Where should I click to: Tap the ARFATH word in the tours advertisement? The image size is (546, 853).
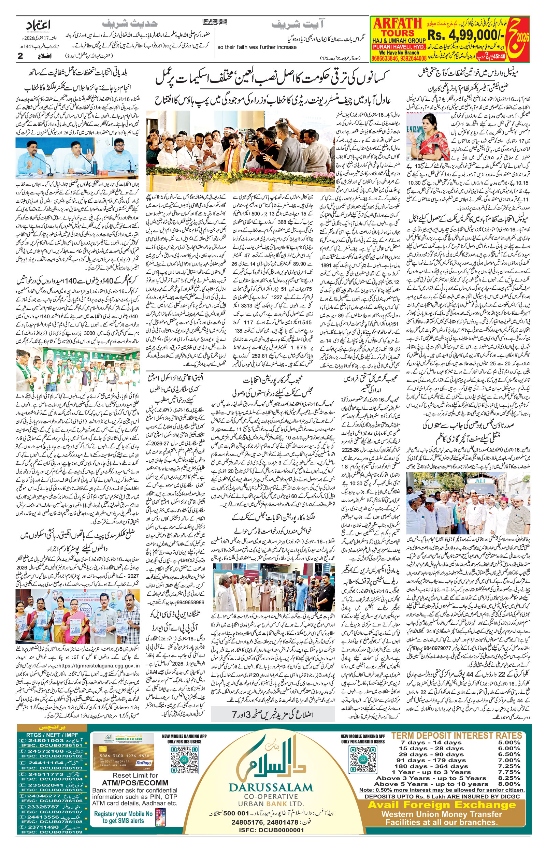pos(398,24)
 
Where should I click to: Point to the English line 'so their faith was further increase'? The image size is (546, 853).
pos(257,47)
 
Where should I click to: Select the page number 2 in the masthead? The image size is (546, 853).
pos(20,56)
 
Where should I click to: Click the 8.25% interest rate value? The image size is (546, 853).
pos(509,778)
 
